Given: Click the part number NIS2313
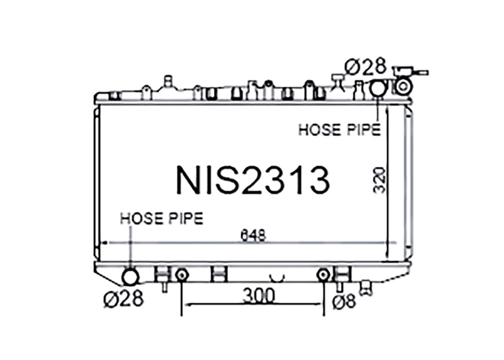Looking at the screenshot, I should click(252, 179).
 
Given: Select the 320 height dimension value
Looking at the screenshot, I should click(379, 179).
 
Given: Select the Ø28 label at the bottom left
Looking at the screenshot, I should click(123, 298).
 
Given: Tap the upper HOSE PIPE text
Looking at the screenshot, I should click(339, 130).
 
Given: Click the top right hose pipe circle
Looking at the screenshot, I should click(379, 88).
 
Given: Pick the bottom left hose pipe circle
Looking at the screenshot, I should click(130, 277).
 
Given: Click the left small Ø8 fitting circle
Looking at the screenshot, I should click(181, 275).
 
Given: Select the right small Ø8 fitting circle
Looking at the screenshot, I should click(323, 275).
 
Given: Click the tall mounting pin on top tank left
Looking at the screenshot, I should click(167, 82).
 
